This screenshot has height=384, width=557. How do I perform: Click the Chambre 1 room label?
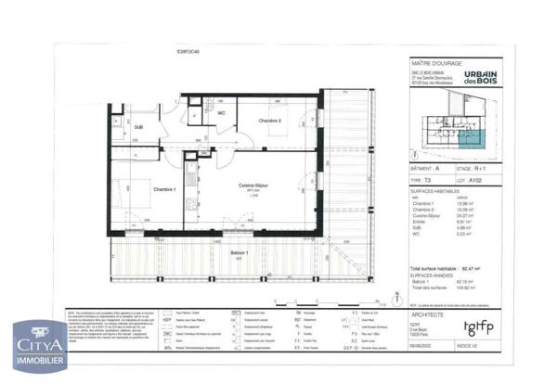click(165, 190)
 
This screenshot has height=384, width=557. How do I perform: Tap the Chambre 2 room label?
click(271, 122)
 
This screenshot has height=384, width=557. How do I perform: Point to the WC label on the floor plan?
click(222, 113)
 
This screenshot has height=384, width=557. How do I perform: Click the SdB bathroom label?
click(138, 127)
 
